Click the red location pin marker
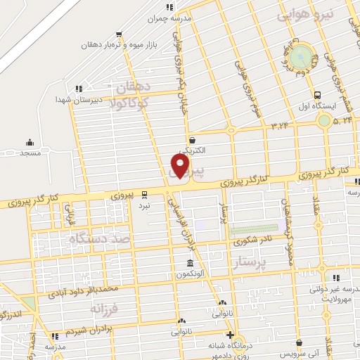[181, 166]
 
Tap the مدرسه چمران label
[172, 19]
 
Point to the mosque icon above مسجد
[29, 142]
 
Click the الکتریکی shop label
[191, 150]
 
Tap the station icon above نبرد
[144, 194]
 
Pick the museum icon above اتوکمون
[181, 262]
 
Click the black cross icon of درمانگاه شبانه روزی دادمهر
[230, 334]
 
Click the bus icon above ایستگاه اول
[318, 95]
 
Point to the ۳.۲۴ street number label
[279, 125]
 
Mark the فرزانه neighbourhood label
[106, 308]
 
